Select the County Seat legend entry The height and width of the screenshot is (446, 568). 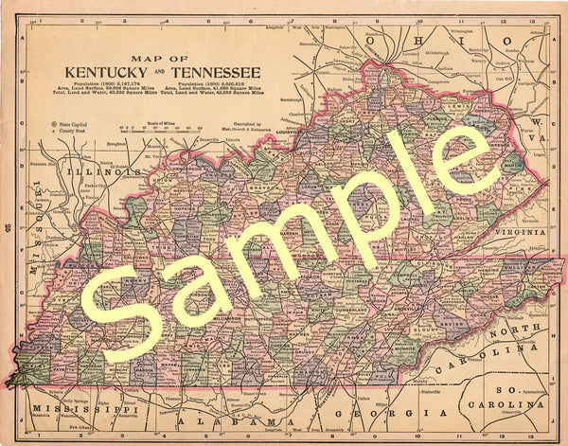click(x=65, y=132)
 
